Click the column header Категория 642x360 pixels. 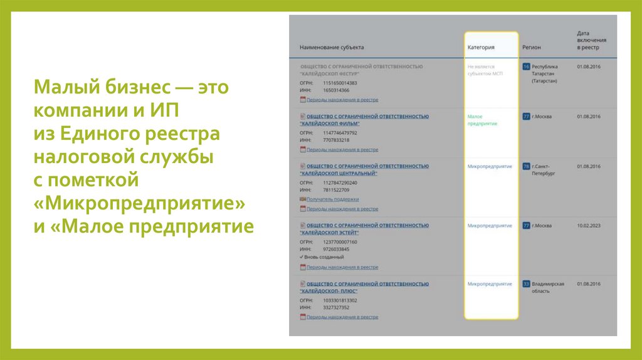click(481, 47)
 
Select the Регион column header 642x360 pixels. click(531, 47)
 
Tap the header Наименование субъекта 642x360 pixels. click(331, 47)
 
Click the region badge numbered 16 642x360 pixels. click(527, 66)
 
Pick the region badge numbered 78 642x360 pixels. click(527, 167)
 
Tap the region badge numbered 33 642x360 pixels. click(527, 284)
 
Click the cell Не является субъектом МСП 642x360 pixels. click(481, 70)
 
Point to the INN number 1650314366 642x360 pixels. click(336, 90)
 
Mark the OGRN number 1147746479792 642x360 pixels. click(340, 133)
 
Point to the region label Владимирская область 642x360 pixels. click(547, 287)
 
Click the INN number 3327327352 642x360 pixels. click(336, 307)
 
